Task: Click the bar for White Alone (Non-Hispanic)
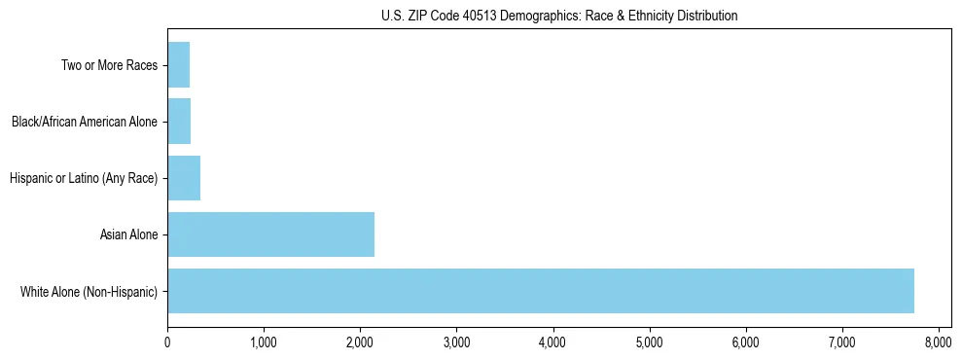tap(541, 290)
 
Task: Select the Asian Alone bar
tap(270, 234)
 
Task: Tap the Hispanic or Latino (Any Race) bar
tap(184, 178)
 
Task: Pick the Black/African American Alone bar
tap(179, 122)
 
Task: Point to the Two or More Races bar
tap(178, 65)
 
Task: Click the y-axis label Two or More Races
tap(110, 66)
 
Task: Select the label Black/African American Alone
tap(85, 123)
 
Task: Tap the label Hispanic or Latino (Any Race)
tap(83, 178)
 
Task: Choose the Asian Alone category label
tap(128, 234)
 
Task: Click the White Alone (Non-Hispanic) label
tap(89, 291)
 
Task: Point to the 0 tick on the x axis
tap(167, 342)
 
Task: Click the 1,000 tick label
tap(264, 342)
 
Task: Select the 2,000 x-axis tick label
tap(360, 342)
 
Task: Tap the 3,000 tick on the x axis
tap(456, 342)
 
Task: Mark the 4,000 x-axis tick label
tap(552, 342)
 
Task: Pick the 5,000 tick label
tap(649, 342)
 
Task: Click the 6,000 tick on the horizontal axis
tap(745, 342)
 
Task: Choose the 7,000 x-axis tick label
tap(841, 342)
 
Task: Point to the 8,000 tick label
tap(938, 342)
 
